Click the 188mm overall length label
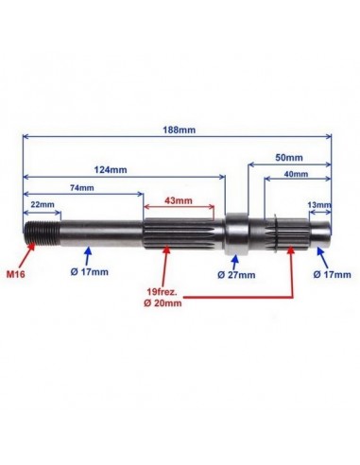coord(179,129)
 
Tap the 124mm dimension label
coord(111,170)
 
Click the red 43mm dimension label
coord(179,200)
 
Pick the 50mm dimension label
coord(289,157)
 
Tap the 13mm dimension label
coord(319,205)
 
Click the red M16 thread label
coord(16,274)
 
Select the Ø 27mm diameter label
coord(236,275)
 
